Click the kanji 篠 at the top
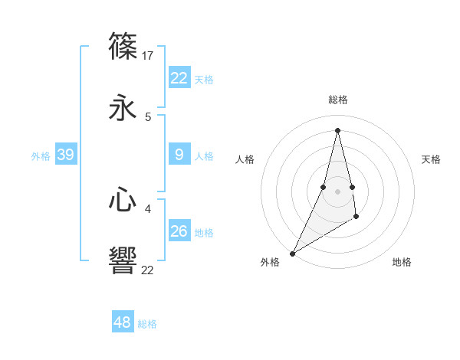[x=123, y=46]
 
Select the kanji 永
[x=123, y=108]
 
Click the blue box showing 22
[x=179, y=78]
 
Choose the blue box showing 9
[x=179, y=155]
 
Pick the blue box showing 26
[x=179, y=231]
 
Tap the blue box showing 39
[x=66, y=155]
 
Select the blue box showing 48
[x=123, y=322]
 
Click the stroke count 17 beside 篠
[x=149, y=55]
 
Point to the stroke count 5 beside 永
[x=148, y=117]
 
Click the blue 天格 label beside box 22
[x=204, y=79]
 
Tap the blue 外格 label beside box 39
[x=41, y=155]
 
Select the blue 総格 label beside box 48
[x=147, y=323]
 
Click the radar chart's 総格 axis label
[x=337, y=100]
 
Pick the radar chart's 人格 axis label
[x=245, y=159]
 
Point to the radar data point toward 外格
[x=292, y=253]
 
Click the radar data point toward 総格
[x=337, y=129]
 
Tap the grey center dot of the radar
[x=337, y=191]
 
